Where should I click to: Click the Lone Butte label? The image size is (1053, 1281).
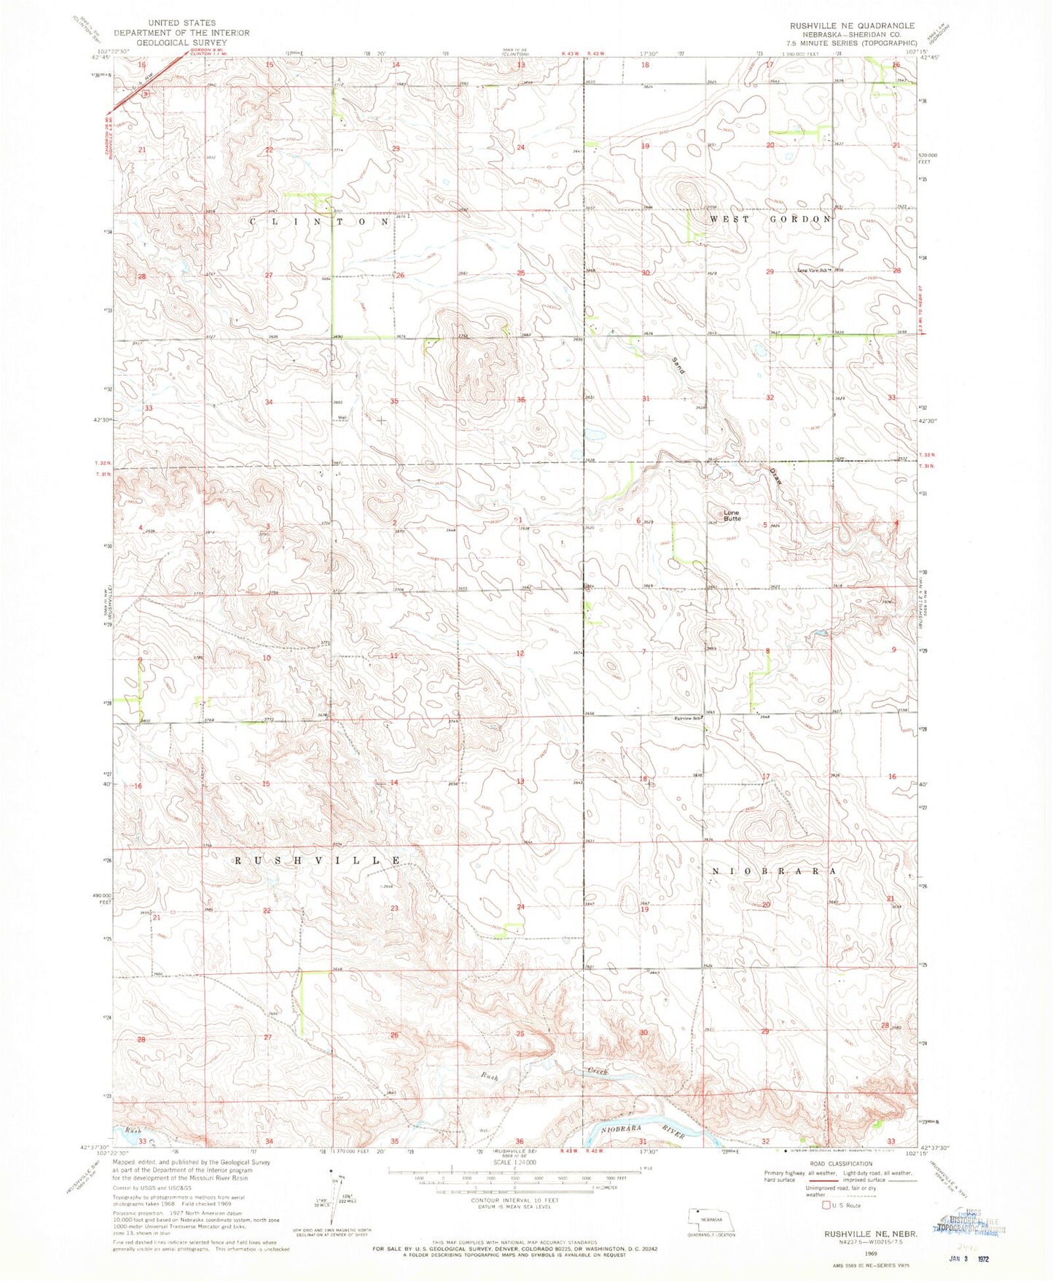(x=732, y=515)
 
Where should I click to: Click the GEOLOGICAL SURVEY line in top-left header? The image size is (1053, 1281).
(x=181, y=42)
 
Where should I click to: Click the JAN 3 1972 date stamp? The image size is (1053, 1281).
(x=976, y=1259)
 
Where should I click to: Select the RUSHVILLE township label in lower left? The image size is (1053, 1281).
(x=318, y=860)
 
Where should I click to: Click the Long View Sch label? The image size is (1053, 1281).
(x=814, y=270)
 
